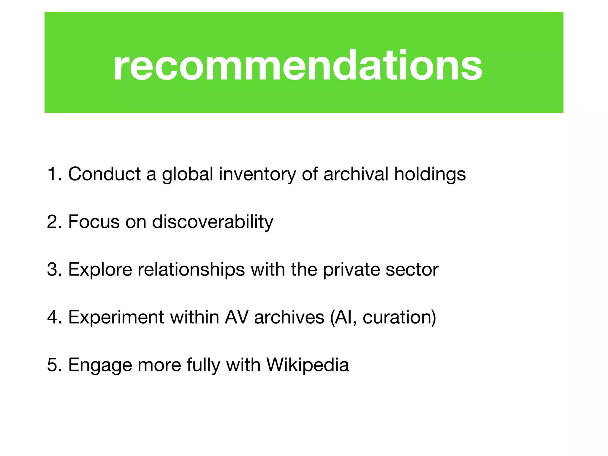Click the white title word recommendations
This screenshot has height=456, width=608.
click(x=297, y=65)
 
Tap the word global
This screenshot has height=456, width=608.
click(x=187, y=174)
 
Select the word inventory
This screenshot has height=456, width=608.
click(x=257, y=174)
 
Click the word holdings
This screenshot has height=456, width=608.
click(x=430, y=174)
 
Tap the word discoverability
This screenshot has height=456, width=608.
click(x=213, y=222)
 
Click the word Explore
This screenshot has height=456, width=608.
click(x=100, y=270)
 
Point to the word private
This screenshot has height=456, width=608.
click(x=351, y=270)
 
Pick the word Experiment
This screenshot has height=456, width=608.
click(x=116, y=317)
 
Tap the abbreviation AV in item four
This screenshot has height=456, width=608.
click(x=236, y=317)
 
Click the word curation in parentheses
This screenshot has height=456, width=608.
click(x=397, y=317)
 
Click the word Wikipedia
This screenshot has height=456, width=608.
click(x=308, y=365)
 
